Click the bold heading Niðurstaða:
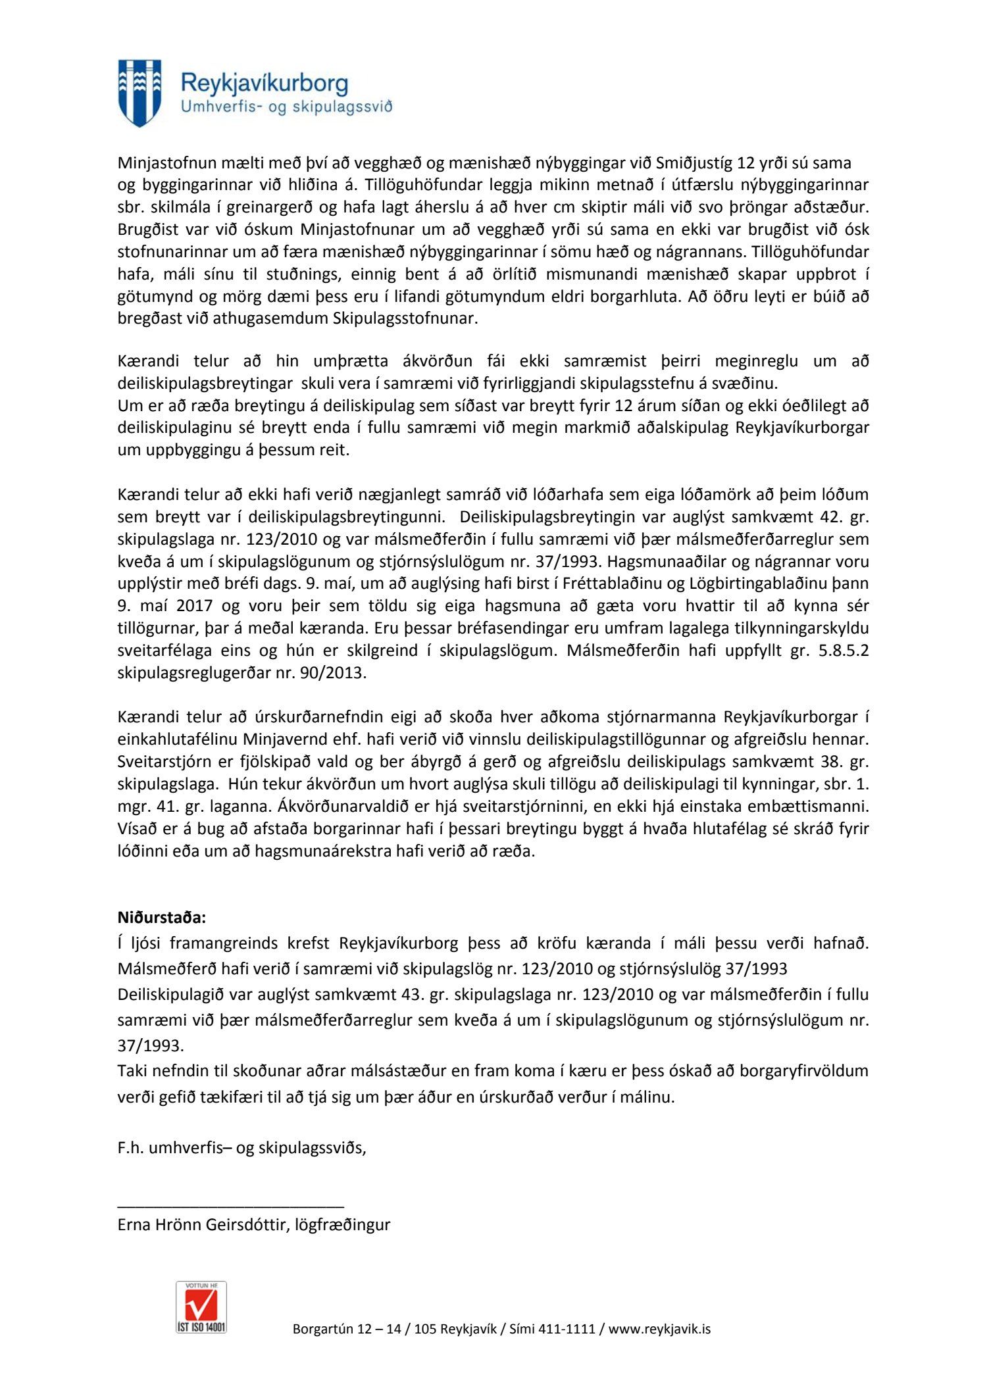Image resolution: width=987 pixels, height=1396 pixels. [162, 917]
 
